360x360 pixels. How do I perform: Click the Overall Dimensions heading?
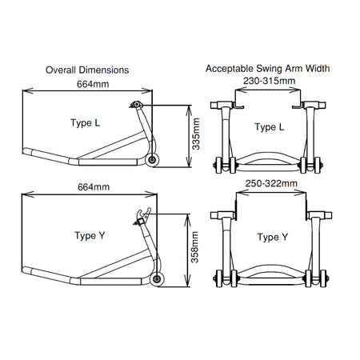(x=87, y=70)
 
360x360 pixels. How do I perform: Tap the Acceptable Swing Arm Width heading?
(x=267, y=69)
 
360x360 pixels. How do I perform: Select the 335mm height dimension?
(x=196, y=134)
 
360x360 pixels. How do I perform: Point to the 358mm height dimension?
(x=195, y=247)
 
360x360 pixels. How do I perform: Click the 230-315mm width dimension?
(x=269, y=81)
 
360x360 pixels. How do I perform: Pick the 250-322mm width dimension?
(x=271, y=183)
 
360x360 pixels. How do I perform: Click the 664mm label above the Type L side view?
(x=93, y=84)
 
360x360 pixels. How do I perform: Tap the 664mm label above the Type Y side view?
(x=94, y=187)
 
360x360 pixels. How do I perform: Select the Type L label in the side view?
(x=86, y=123)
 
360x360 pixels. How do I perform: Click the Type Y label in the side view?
(x=90, y=236)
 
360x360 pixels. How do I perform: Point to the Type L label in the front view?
(x=270, y=127)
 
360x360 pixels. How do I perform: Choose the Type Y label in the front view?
(x=273, y=237)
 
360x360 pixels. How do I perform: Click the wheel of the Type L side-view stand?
(x=152, y=160)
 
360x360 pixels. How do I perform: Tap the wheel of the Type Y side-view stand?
(x=157, y=279)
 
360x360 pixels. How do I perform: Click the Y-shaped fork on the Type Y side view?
(x=144, y=214)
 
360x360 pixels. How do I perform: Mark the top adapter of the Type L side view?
(x=136, y=105)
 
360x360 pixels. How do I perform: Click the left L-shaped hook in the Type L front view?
(x=238, y=106)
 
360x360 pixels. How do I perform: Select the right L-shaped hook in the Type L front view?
(x=298, y=106)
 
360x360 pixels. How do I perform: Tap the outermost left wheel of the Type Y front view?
(x=219, y=278)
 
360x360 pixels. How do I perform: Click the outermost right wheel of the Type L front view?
(x=317, y=166)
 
